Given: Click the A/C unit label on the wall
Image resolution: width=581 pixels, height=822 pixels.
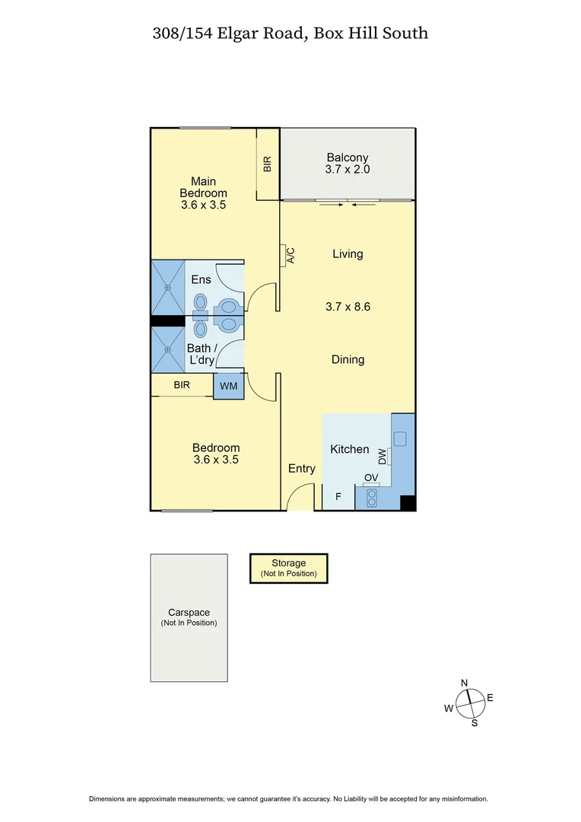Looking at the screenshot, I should pos(290,255).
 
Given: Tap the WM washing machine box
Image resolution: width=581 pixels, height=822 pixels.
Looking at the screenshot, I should pos(228,387).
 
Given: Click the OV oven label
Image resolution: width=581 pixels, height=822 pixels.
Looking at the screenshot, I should pos(371,478).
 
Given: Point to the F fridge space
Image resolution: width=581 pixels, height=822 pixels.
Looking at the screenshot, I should pos(338,499).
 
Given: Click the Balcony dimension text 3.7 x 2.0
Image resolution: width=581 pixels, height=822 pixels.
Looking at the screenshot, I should pos(347,170).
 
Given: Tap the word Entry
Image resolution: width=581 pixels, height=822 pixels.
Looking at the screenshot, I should pos(301,469).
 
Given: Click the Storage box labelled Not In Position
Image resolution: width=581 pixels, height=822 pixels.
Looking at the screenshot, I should pos(289,569).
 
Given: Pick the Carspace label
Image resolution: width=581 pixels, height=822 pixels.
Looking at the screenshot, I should pos(189,612).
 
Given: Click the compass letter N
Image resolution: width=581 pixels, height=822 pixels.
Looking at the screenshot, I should pos(465,682).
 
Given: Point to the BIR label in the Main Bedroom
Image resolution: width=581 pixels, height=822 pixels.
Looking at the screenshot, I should pos(268,164).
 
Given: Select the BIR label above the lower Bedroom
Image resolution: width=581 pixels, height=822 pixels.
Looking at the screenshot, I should pos(181,385).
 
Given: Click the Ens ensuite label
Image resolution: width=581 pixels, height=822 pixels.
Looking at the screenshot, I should pos(201,280).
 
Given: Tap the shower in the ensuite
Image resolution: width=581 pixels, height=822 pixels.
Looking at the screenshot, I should pos(168,287).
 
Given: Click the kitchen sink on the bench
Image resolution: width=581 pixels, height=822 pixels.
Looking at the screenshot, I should pos(400,438).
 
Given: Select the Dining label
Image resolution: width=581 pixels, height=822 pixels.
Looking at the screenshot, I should pos(348,359).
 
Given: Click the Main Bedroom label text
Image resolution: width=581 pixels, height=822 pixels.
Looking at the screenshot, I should pos(203,193).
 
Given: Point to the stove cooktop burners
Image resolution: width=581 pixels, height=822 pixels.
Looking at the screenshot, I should pos(372,497).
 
